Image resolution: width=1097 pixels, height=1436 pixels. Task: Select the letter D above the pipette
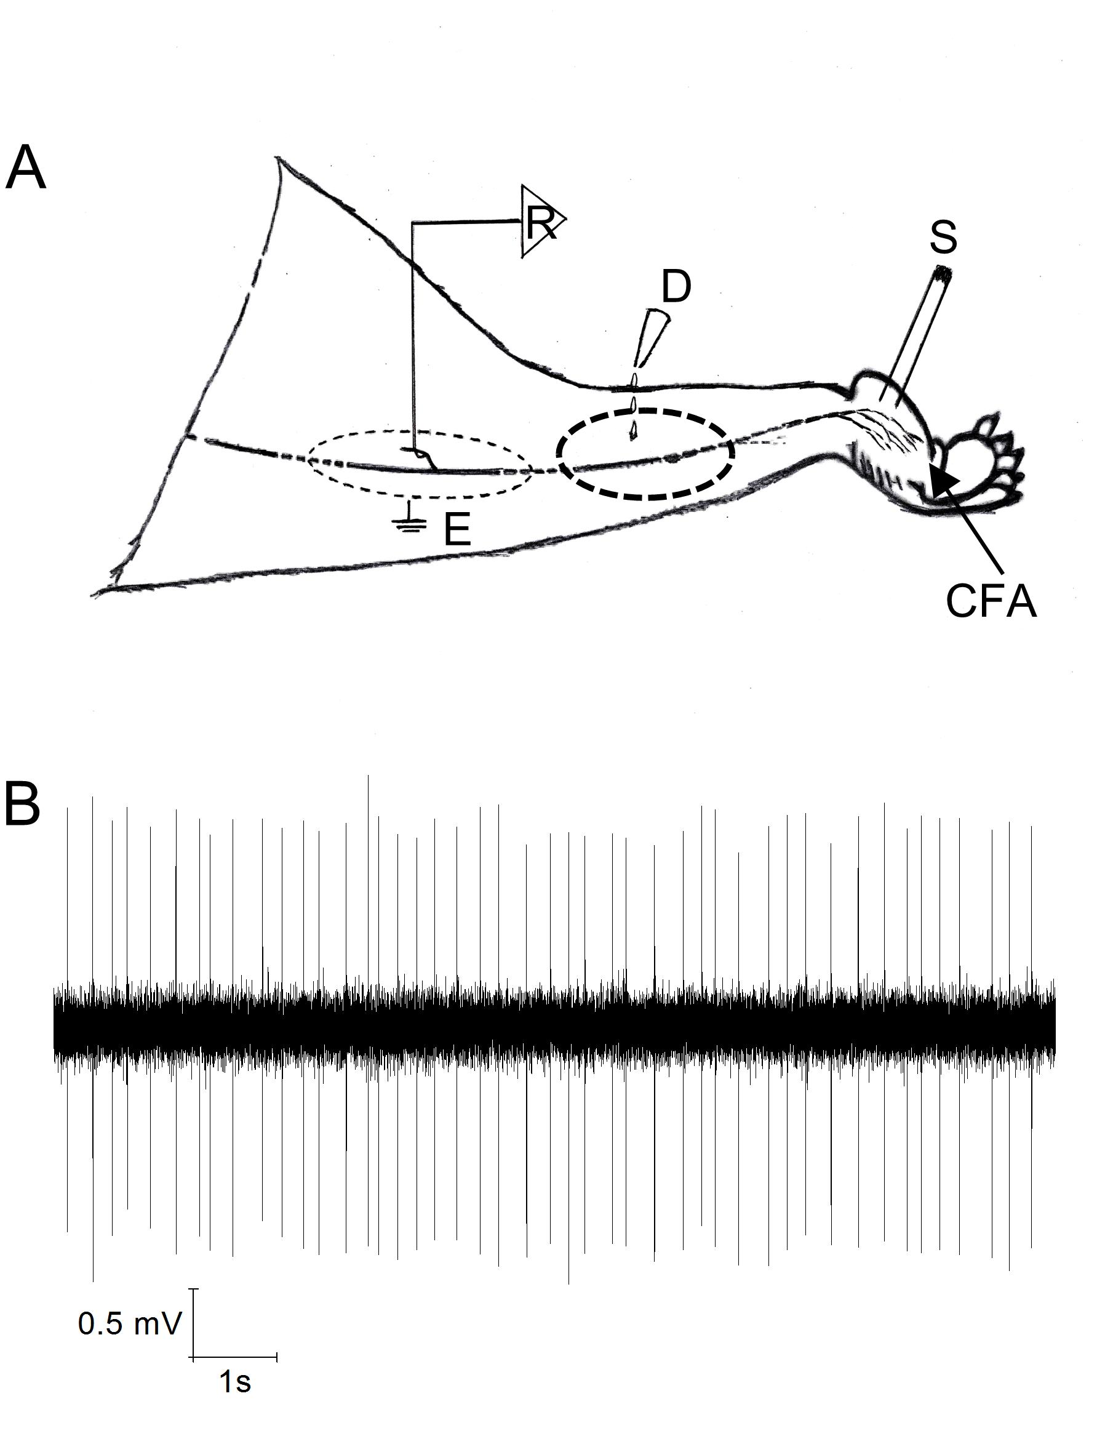tap(676, 287)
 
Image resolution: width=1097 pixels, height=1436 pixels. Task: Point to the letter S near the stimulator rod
tap(943, 238)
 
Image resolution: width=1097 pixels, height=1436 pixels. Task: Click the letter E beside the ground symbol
tap(457, 531)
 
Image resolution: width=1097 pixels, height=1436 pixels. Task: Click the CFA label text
tap(991, 602)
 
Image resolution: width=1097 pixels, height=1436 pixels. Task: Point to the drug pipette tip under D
tap(632, 436)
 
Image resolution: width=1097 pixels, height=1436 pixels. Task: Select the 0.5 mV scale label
tap(129, 1323)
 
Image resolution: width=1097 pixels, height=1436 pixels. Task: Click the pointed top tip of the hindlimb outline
tap(279, 158)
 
